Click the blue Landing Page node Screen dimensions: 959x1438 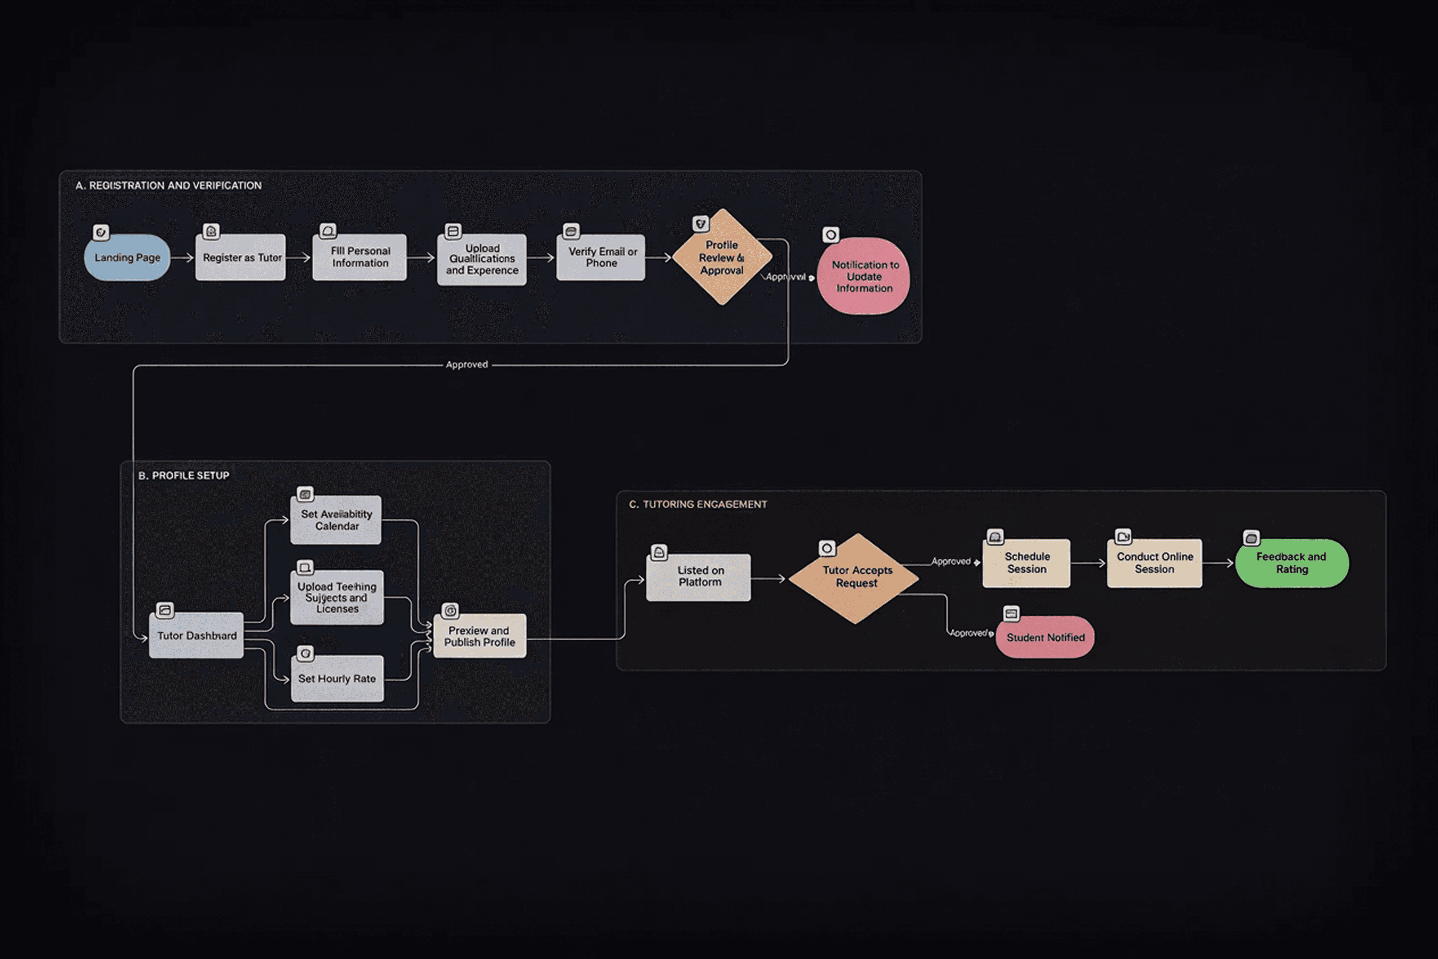click(127, 257)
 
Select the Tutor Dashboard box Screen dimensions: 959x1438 click(196, 636)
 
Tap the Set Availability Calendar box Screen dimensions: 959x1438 click(336, 520)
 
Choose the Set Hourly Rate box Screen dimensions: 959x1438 click(337, 678)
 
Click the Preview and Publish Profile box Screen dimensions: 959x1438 click(480, 636)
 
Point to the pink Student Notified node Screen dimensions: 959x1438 click(1045, 637)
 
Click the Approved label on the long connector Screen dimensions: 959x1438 click(467, 365)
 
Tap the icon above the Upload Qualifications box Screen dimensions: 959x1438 click(453, 231)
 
